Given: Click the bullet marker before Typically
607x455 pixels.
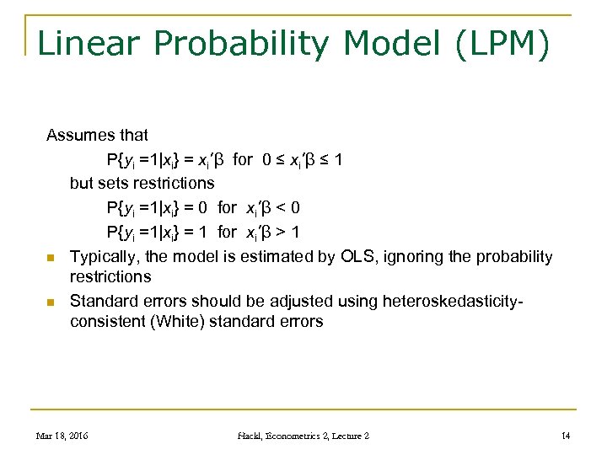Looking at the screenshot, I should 51,258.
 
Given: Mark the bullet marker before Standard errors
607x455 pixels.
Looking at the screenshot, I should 51,302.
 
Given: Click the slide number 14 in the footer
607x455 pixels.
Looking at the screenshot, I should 566,436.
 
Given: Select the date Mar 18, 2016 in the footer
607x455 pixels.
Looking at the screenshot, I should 62,436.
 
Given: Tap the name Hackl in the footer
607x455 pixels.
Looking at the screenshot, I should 252,436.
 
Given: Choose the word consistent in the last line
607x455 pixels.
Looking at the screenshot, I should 107,321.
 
